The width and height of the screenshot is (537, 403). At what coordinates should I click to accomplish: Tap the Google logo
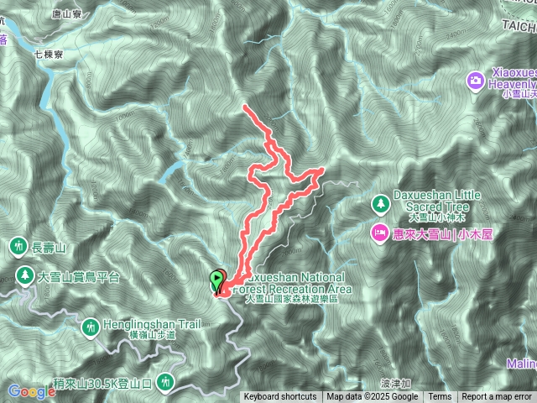[32, 391]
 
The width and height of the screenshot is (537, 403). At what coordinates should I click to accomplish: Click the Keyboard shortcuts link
[280, 397]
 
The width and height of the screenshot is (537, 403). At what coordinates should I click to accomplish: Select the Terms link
[440, 397]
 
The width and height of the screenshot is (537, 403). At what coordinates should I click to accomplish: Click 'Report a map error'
[497, 397]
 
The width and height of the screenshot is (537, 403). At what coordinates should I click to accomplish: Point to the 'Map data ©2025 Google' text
[373, 397]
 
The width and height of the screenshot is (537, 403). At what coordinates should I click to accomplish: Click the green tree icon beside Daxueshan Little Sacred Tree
[381, 203]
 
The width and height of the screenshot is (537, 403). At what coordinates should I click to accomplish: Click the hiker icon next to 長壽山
[18, 246]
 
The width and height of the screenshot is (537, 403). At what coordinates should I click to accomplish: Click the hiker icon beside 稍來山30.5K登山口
[167, 382]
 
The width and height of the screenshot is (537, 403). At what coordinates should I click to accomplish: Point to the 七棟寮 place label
[50, 54]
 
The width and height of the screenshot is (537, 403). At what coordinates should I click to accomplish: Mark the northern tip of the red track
[244, 107]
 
